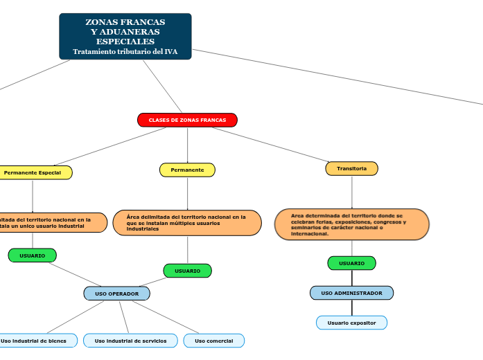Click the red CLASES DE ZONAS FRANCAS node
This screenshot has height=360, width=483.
[x=187, y=120]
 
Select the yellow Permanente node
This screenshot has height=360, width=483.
[x=187, y=170]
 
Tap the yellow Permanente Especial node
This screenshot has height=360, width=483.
[x=33, y=172]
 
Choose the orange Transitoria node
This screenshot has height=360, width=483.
[x=352, y=168]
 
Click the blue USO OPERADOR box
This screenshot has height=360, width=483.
[x=116, y=294]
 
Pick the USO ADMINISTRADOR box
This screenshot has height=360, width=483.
[x=351, y=293]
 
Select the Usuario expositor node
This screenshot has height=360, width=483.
[x=351, y=323]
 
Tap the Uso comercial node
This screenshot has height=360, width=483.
[x=214, y=341]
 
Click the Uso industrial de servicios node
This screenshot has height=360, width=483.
[x=130, y=341]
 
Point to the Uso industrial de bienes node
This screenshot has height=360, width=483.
[x=35, y=341]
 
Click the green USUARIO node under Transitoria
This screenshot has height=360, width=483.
[x=351, y=263]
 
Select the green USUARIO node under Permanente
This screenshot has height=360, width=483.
[x=187, y=271]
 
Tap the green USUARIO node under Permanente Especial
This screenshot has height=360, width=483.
[x=33, y=255]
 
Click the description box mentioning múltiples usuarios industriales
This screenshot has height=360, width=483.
[x=187, y=223]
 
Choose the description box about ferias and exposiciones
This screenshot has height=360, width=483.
[x=352, y=224]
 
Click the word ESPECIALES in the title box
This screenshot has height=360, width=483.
[x=125, y=42]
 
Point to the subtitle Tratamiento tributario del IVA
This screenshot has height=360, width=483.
[x=125, y=52]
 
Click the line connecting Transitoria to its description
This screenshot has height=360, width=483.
[x=352, y=192]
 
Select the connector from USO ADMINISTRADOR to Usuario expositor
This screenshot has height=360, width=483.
[x=352, y=308]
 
